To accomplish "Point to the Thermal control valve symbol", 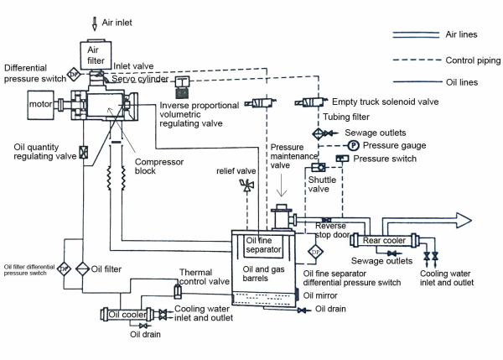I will pos(177,292).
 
